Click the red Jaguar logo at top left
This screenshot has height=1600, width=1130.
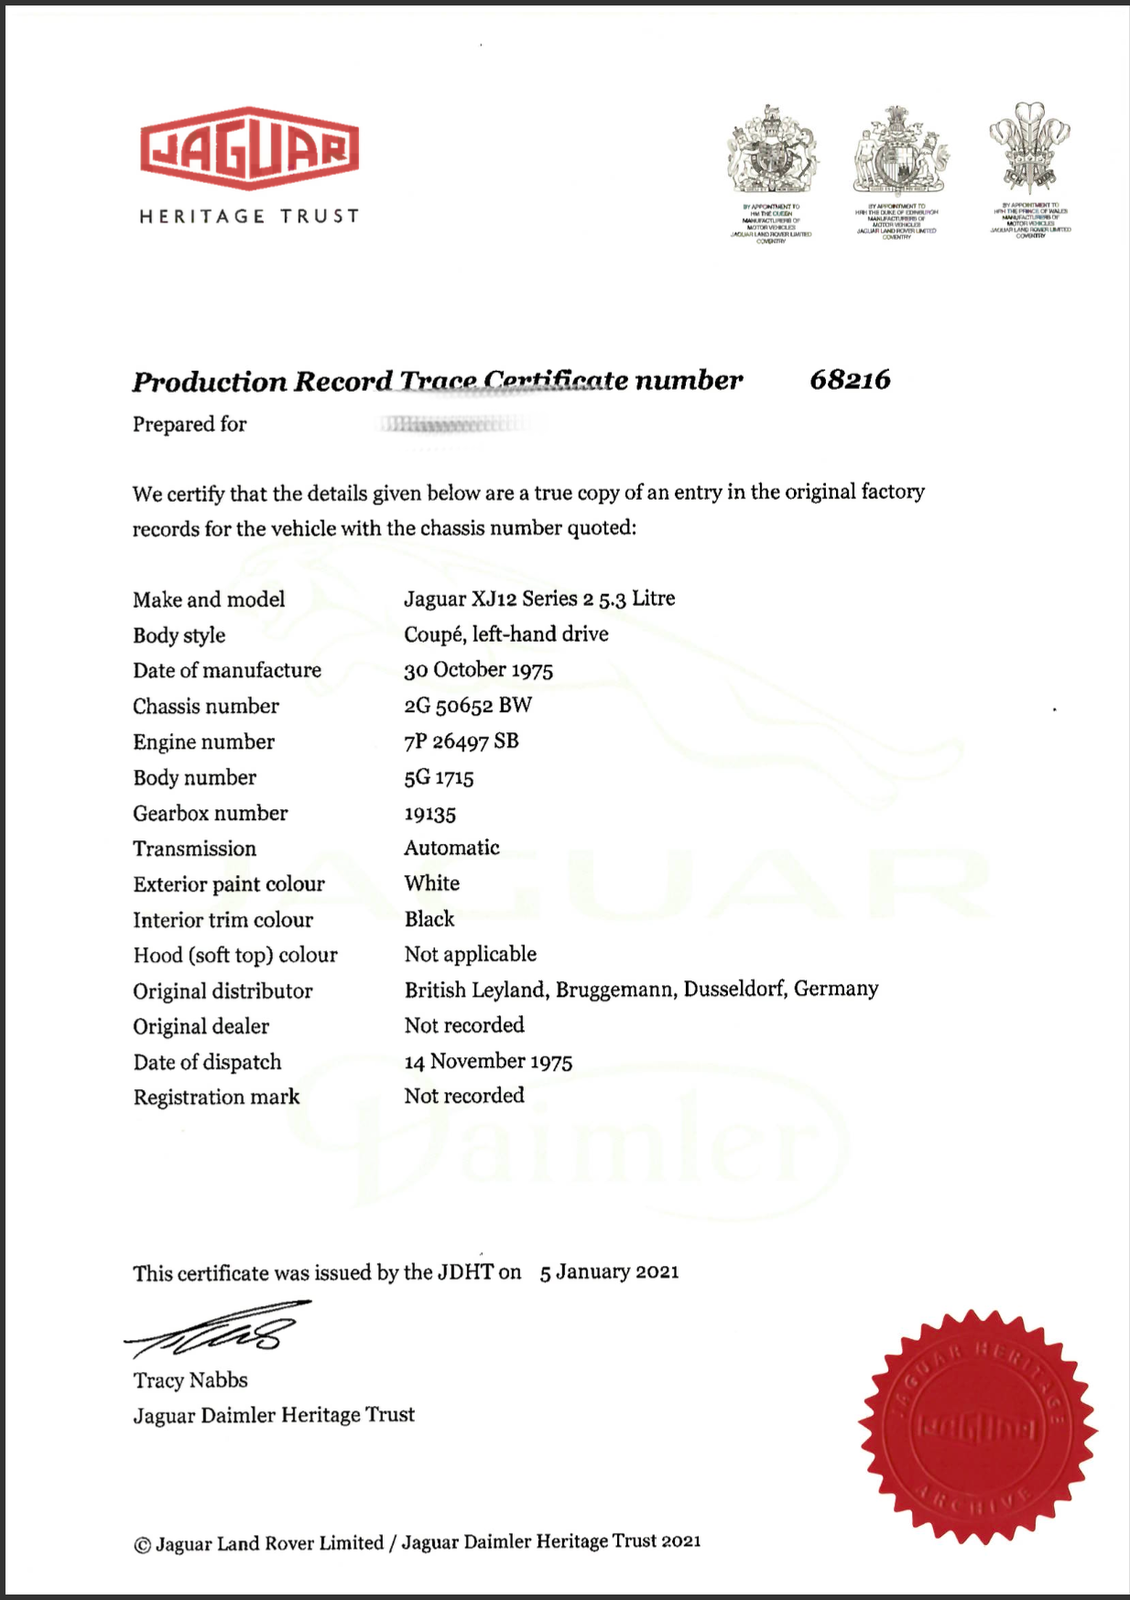click(x=249, y=148)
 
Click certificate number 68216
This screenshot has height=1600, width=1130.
click(x=850, y=380)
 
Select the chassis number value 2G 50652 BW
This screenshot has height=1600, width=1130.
click(x=468, y=706)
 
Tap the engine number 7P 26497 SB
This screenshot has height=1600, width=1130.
click(x=462, y=741)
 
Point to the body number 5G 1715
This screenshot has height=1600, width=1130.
click(x=439, y=778)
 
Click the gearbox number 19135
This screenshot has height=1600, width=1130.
click(x=430, y=814)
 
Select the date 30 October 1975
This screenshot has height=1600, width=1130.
click(x=478, y=670)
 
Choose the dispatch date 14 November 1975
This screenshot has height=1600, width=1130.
click(x=488, y=1062)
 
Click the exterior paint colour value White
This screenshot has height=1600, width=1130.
click(x=432, y=883)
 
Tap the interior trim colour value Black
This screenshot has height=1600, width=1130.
click(x=429, y=919)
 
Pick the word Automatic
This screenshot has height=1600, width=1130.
click(x=451, y=848)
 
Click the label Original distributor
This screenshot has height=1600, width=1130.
click(x=223, y=991)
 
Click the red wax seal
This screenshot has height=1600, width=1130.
click(x=977, y=1427)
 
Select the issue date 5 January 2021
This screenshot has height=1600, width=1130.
click(x=609, y=1272)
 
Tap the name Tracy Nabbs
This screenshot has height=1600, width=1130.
click(x=190, y=1380)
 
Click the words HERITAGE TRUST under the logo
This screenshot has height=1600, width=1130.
click(x=249, y=217)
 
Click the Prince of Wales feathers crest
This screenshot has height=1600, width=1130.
click(x=1030, y=146)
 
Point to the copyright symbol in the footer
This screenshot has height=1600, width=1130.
click(x=142, y=1545)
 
